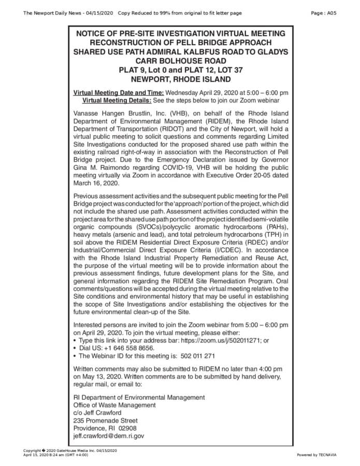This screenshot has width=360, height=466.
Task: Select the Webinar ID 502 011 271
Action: (x=195, y=356)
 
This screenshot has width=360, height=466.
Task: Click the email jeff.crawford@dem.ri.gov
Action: (x=109, y=436)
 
